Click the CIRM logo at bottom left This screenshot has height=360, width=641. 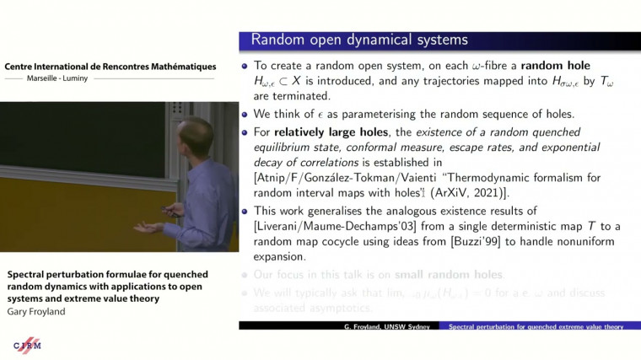28,346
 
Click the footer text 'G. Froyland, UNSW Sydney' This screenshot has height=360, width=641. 380,325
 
